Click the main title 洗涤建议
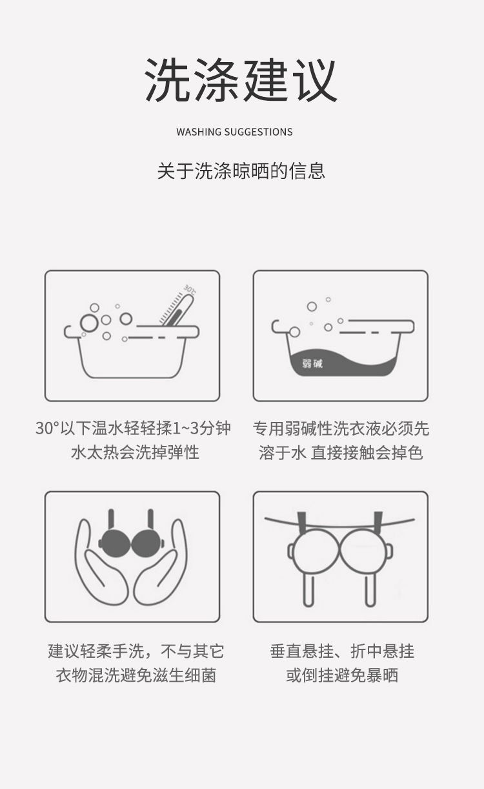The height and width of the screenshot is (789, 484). pyautogui.click(x=241, y=81)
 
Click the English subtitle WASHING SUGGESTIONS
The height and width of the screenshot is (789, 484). pyautogui.click(x=234, y=132)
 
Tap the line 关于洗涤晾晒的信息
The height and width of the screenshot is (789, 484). pyautogui.click(x=241, y=171)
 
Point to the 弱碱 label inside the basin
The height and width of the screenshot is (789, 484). pyautogui.click(x=312, y=363)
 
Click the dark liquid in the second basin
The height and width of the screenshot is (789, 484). pyautogui.click(x=348, y=366)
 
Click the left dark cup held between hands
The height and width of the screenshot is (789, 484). pyautogui.click(x=116, y=542)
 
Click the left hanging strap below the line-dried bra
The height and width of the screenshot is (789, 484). pyautogui.click(x=309, y=588)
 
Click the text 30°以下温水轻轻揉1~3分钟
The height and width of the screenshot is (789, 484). pyautogui.click(x=132, y=428)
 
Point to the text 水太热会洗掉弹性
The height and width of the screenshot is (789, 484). pyautogui.click(x=135, y=452)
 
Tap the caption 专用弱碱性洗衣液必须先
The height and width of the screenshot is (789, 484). pyautogui.click(x=341, y=428)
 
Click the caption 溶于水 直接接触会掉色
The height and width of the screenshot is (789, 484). pyautogui.click(x=341, y=452)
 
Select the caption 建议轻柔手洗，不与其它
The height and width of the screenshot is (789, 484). pyautogui.click(x=136, y=651)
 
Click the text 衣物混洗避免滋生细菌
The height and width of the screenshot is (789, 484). pyautogui.click(x=136, y=675)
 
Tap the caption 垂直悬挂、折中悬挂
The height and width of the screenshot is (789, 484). pyautogui.click(x=342, y=651)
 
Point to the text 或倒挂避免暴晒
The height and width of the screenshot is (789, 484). pyautogui.click(x=342, y=675)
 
